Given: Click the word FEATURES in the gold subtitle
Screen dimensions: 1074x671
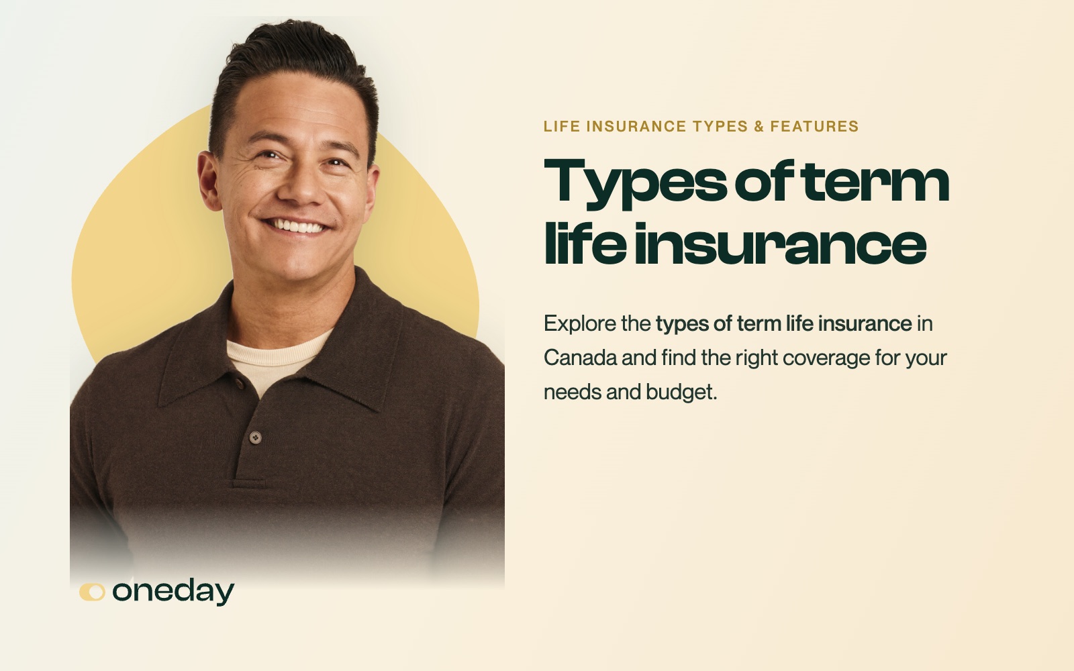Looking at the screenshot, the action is click(x=814, y=127).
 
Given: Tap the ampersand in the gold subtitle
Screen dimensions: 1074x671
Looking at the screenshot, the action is click(x=759, y=127).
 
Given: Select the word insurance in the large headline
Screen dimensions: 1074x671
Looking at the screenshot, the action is click(x=781, y=244).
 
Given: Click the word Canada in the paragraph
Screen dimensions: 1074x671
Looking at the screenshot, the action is click(x=580, y=358).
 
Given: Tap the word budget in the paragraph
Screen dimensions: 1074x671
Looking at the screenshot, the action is click(x=681, y=393).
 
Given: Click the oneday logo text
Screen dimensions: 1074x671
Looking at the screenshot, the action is click(x=173, y=592).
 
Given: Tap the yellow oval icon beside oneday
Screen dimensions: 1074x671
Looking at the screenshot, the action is click(x=92, y=592).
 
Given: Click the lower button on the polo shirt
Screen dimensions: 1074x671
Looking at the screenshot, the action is click(x=256, y=437).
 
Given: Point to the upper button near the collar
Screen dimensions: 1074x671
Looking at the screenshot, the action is click(x=239, y=383).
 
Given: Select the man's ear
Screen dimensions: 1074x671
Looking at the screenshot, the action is click(x=209, y=180).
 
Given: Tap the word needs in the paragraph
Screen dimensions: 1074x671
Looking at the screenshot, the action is click(x=573, y=393).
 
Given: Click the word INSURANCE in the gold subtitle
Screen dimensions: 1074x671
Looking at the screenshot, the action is click(x=636, y=127).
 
